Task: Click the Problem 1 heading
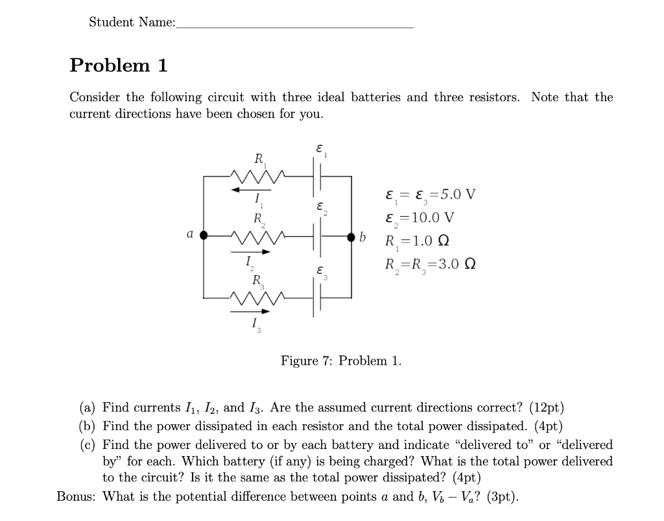click(x=119, y=66)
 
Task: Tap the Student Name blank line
click(x=294, y=26)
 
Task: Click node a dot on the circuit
click(x=204, y=236)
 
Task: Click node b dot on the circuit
click(x=351, y=236)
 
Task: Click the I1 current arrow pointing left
click(x=250, y=189)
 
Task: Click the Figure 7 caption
click(x=340, y=361)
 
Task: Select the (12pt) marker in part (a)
click(x=547, y=407)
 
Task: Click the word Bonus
click(x=77, y=497)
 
